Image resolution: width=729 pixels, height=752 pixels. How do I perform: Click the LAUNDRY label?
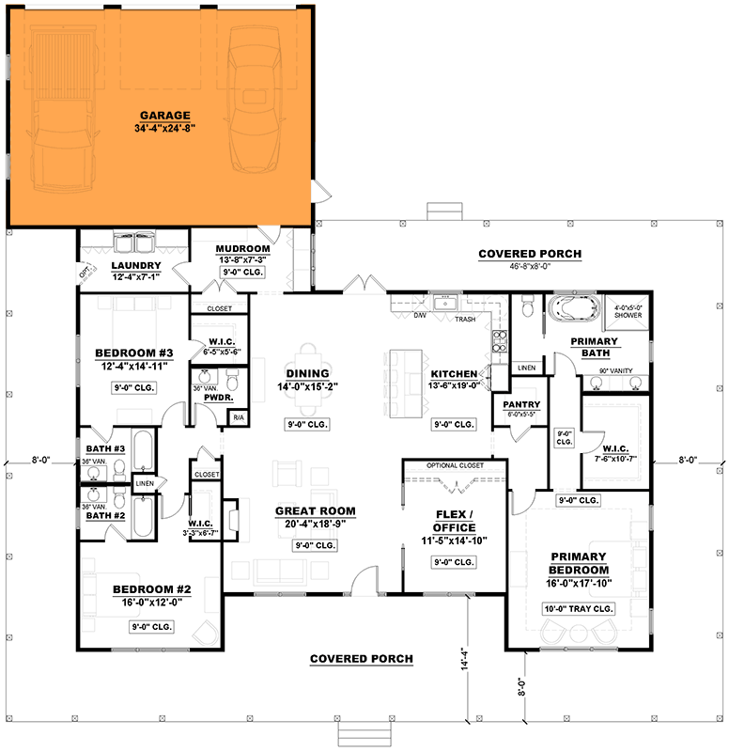(x=135, y=266)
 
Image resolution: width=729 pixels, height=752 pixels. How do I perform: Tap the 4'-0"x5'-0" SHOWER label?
(x=627, y=311)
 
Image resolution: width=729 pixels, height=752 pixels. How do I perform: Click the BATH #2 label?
(x=105, y=516)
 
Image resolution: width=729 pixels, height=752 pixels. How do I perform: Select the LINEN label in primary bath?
(x=526, y=368)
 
